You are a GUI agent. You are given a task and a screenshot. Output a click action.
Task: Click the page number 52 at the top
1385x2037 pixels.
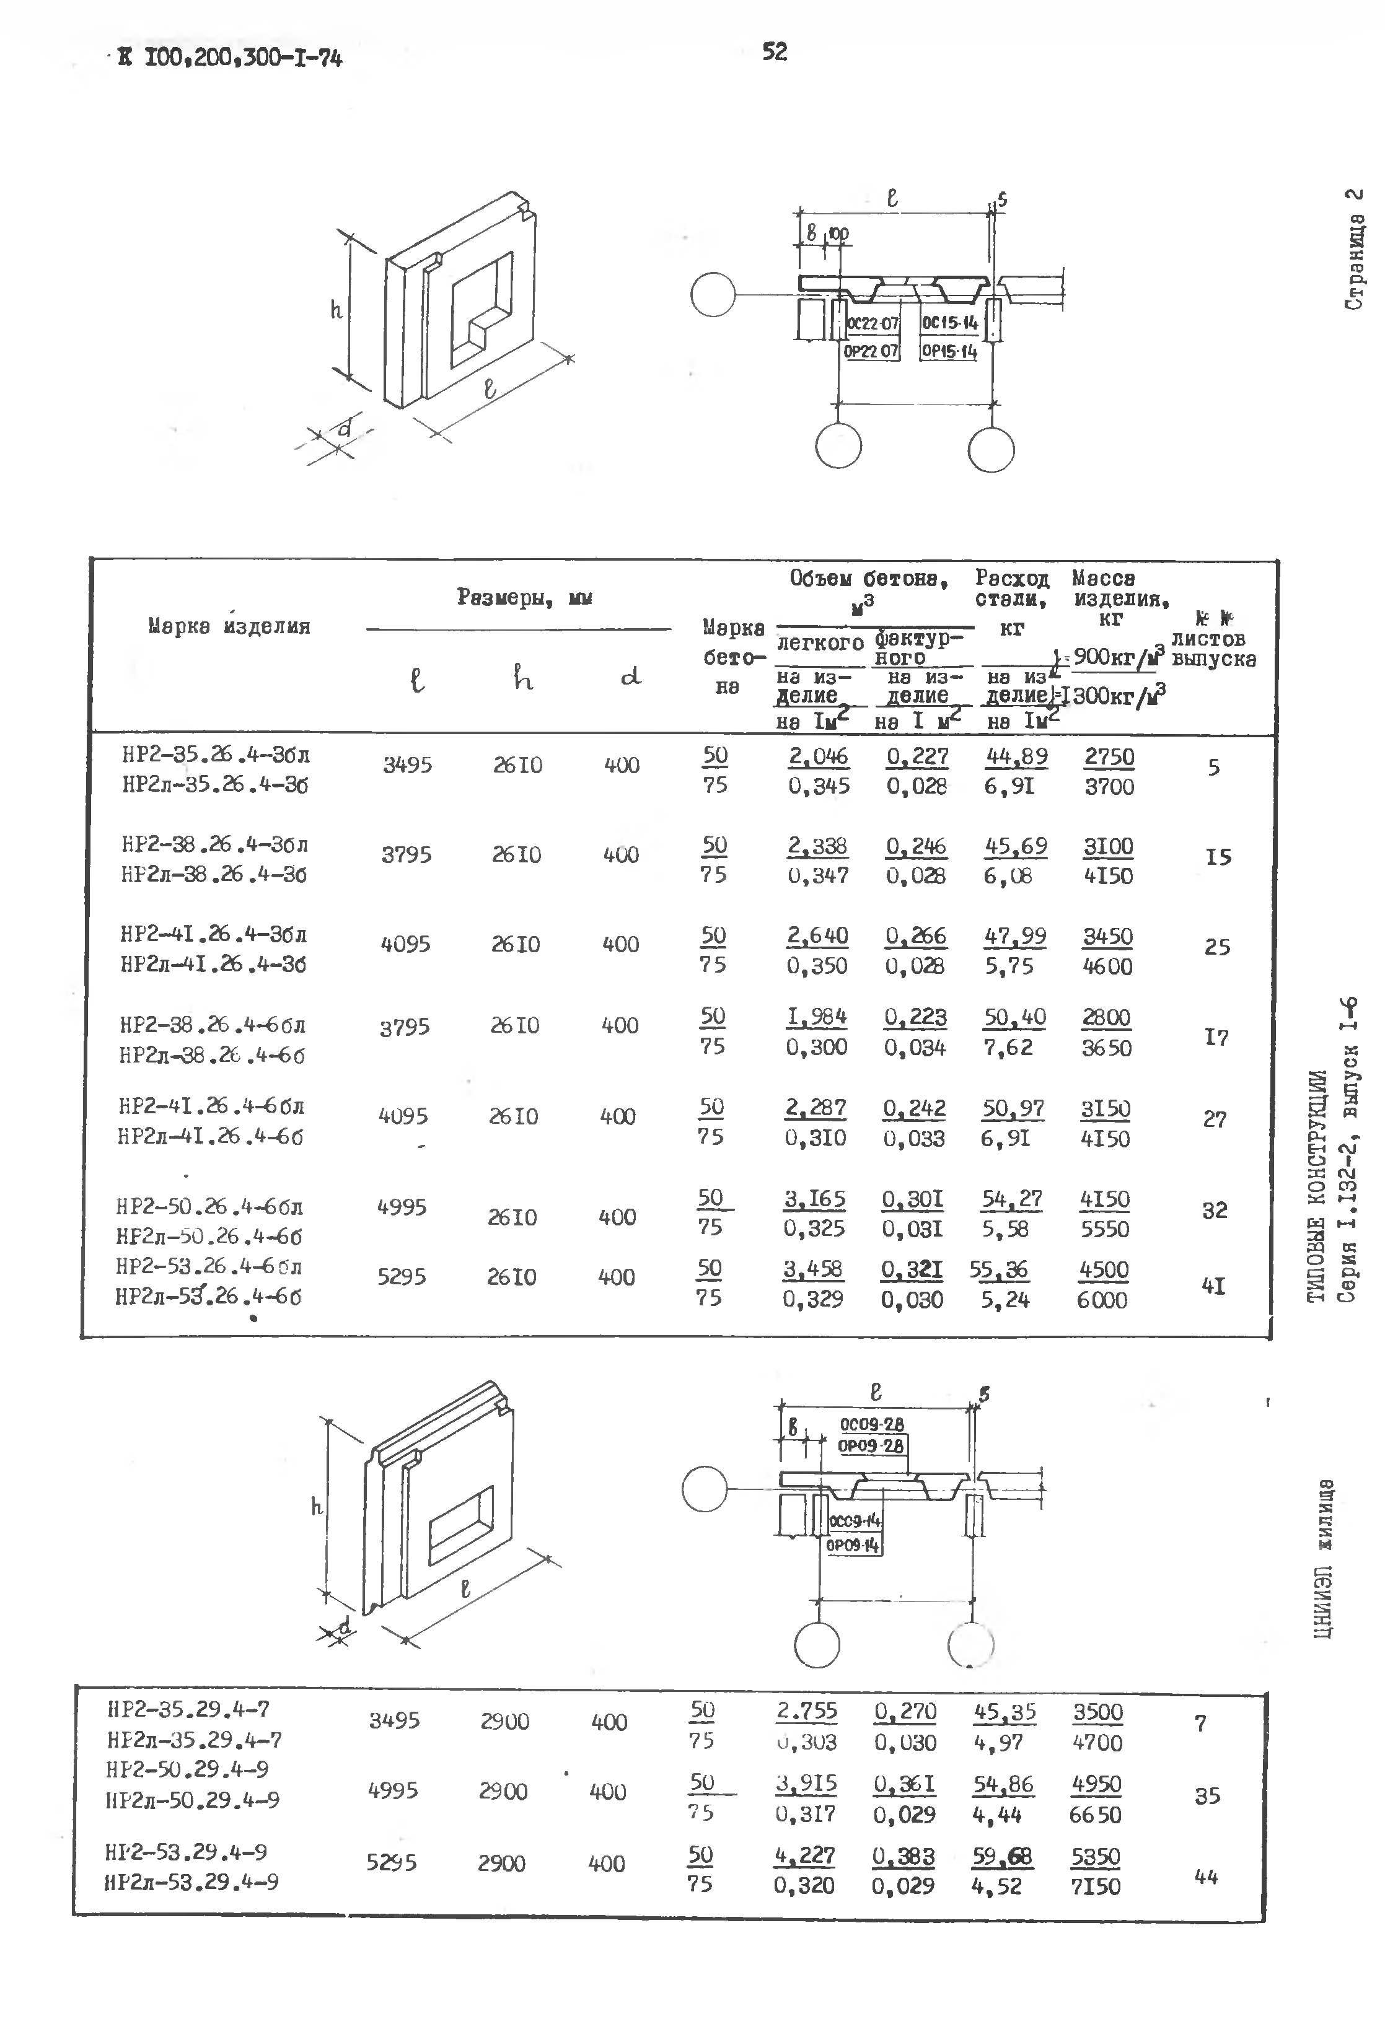(x=775, y=53)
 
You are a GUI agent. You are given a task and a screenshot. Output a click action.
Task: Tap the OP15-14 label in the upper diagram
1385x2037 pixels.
(x=949, y=353)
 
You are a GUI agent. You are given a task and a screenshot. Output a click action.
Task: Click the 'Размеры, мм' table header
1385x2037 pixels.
(x=524, y=598)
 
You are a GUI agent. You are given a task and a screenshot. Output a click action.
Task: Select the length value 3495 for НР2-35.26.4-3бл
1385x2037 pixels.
(x=408, y=765)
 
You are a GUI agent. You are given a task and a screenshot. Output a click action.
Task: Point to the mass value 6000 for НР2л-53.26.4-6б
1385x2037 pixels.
(x=1102, y=1300)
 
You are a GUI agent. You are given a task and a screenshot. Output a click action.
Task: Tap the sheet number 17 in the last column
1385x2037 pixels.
(x=1216, y=1037)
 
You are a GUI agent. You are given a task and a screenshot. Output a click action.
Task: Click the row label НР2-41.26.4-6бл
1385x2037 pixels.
(x=211, y=1106)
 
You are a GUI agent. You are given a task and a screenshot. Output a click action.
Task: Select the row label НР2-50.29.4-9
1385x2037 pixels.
(x=187, y=1769)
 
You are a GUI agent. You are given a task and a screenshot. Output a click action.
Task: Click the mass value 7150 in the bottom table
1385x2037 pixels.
(x=1096, y=1886)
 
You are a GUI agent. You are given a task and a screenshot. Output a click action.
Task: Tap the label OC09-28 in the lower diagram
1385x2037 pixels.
(x=871, y=1424)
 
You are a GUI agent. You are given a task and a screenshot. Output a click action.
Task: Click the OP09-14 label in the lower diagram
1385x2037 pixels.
(x=853, y=1544)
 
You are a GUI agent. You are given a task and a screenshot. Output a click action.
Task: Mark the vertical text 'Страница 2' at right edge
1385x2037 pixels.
(x=1354, y=249)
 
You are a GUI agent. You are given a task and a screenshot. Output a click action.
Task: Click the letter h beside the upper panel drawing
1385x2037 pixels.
(x=336, y=309)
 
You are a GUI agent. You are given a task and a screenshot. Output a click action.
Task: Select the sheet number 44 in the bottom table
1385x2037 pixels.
(x=1206, y=1877)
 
